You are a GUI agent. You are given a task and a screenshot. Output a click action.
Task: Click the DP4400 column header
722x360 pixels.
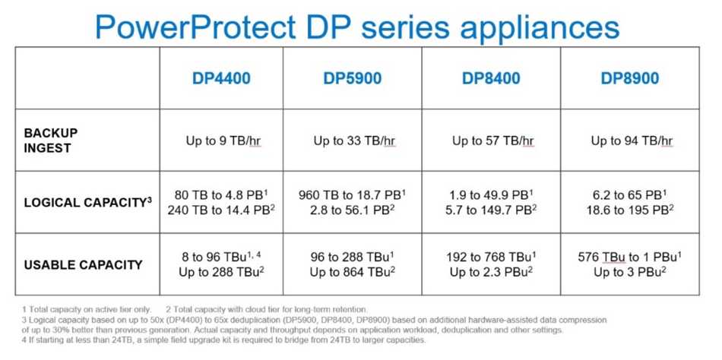221,77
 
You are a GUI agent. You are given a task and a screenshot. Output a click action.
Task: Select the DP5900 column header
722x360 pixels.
352,77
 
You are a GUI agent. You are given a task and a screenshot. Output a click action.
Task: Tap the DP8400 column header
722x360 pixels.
491,77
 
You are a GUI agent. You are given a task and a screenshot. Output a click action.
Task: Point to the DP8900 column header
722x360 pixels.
630,77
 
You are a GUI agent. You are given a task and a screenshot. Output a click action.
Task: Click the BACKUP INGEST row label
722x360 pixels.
51,141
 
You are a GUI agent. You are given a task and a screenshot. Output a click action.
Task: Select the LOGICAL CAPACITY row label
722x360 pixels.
88,202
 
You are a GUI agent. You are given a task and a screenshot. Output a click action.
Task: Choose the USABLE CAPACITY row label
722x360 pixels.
84,265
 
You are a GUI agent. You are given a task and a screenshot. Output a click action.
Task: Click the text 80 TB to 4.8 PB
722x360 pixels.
221,194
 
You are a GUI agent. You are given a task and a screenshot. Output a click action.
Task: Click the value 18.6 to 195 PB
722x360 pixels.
630,210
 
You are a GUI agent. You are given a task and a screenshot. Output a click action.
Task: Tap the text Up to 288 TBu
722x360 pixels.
221,272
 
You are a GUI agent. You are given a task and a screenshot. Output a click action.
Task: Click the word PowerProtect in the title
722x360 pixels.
195,27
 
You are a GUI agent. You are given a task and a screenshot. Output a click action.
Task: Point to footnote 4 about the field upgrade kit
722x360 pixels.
223,341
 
